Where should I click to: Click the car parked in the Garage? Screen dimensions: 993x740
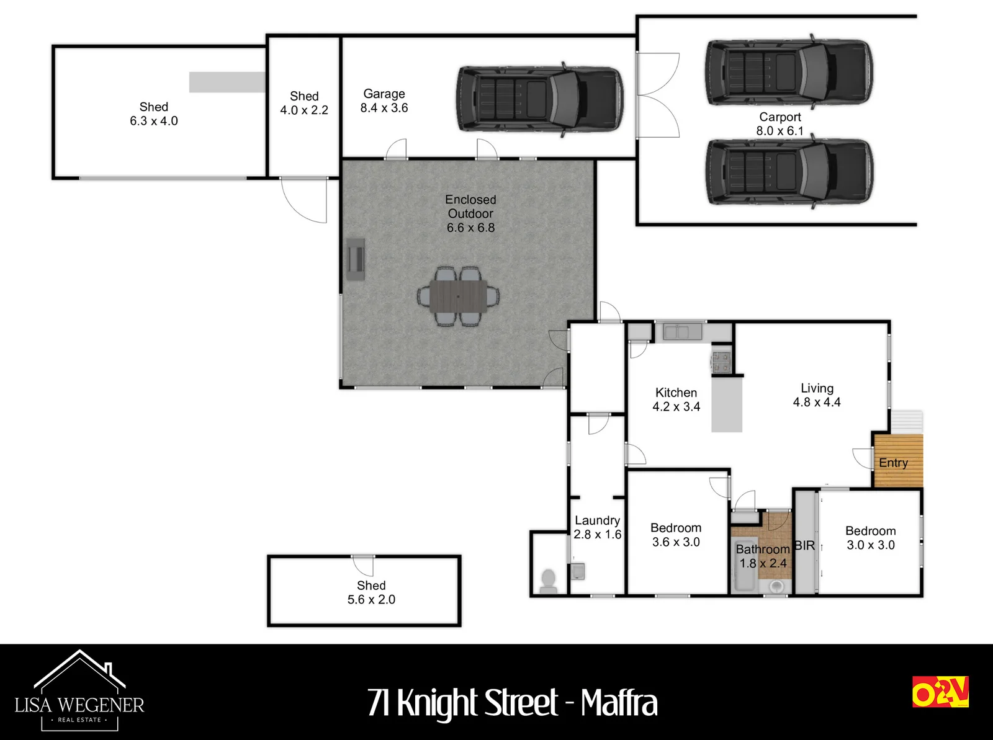click(x=540, y=99)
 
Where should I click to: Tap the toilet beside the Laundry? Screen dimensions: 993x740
click(x=549, y=582)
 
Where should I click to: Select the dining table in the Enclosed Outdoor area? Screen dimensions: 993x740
click(x=458, y=296)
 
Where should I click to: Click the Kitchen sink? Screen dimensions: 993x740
click(x=682, y=331)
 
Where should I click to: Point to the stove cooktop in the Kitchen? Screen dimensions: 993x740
click(x=721, y=362)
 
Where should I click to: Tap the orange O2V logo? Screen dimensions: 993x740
click(x=940, y=691)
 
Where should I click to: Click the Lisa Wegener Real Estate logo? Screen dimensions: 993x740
click(x=79, y=691)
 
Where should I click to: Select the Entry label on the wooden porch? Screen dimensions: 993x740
click(x=894, y=463)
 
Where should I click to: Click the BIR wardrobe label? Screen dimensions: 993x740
click(x=805, y=546)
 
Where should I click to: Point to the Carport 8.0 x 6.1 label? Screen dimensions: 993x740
click(x=780, y=124)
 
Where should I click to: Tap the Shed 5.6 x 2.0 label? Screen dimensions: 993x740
click(x=371, y=592)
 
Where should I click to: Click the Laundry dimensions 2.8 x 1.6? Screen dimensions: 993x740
click(x=598, y=534)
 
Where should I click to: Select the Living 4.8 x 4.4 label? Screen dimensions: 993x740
click(x=817, y=395)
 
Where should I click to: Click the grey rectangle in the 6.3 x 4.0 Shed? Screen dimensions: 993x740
click(x=227, y=82)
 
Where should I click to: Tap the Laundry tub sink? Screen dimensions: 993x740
click(x=578, y=571)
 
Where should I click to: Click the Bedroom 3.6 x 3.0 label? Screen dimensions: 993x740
click(x=676, y=535)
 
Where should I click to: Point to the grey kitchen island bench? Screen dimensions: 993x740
click(x=727, y=404)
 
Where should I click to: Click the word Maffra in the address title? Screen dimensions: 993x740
click(x=619, y=703)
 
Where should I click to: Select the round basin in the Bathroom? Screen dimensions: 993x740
click(x=776, y=587)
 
